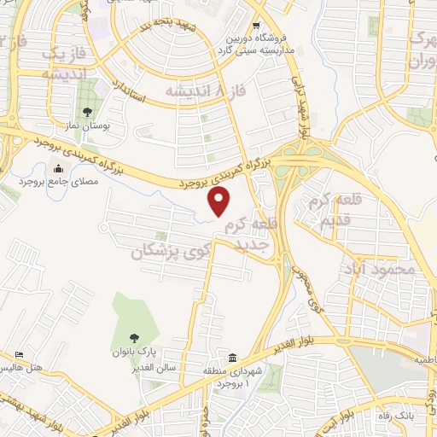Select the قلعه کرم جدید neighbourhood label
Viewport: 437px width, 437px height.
(247, 233)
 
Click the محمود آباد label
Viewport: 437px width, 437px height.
(382, 269)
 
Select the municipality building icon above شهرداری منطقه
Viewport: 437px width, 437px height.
(233, 356)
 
